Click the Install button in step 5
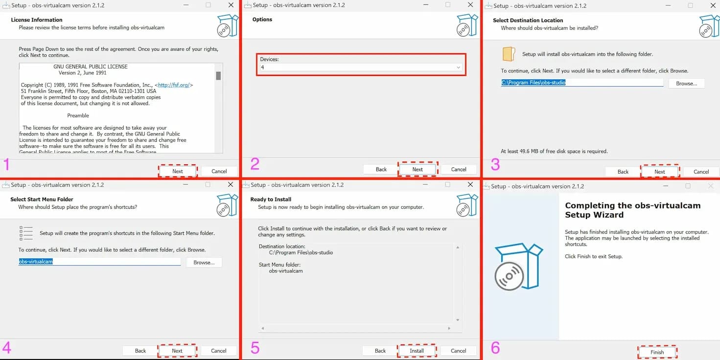pyautogui.click(x=417, y=351)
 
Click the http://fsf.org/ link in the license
pyautogui.click(x=174, y=85)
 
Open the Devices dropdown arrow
pyautogui.click(x=458, y=67)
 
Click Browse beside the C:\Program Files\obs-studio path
pyautogui.click(x=686, y=84)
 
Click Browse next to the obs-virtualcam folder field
pyautogui.click(x=204, y=262)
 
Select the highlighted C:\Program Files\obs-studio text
pyautogui.click(x=533, y=83)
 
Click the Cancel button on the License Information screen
pyautogui.click(x=219, y=171)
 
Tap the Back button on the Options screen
pyautogui.click(x=381, y=169)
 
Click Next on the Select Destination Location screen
pyautogui.click(x=660, y=172)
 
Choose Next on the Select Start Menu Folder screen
pyautogui.click(x=177, y=351)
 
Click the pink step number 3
pyautogui.click(x=495, y=164)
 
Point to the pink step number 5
pyautogui.click(x=255, y=348)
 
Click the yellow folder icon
pyautogui.click(x=509, y=54)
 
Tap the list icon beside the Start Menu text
pyautogui.click(x=26, y=233)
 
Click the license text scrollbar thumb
pyautogui.click(x=218, y=76)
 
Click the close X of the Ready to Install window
pyautogui.click(x=470, y=184)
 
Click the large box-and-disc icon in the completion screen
pyautogui.click(x=519, y=267)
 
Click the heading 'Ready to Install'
pyautogui.click(x=271, y=199)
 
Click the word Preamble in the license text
pyautogui.click(x=78, y=115)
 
